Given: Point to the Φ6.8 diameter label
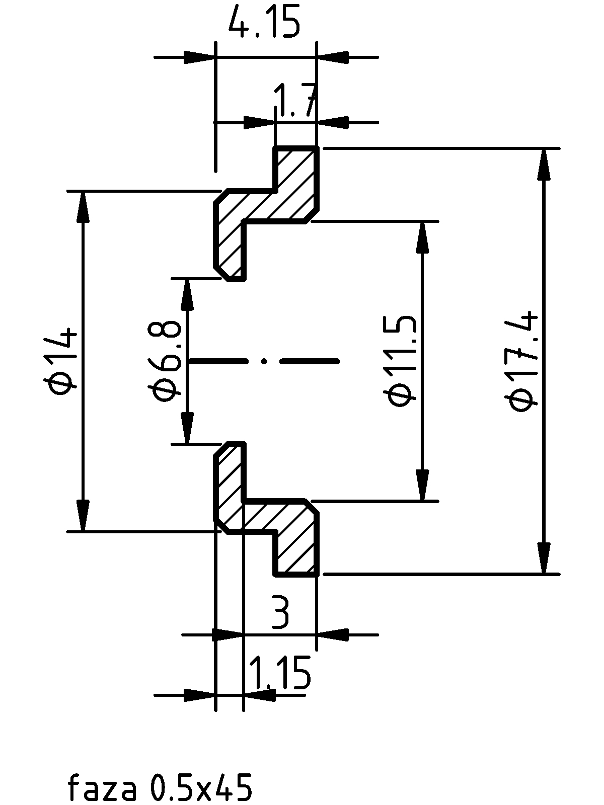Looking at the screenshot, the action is pos(165,361).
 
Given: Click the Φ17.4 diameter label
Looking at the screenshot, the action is pos(521,361).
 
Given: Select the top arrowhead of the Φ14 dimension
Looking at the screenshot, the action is pos(83,207).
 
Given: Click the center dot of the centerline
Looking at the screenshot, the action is pos(264,362).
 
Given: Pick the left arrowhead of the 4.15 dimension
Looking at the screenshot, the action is pos(199,57).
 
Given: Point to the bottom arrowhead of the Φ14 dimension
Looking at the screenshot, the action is pos(83,515).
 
